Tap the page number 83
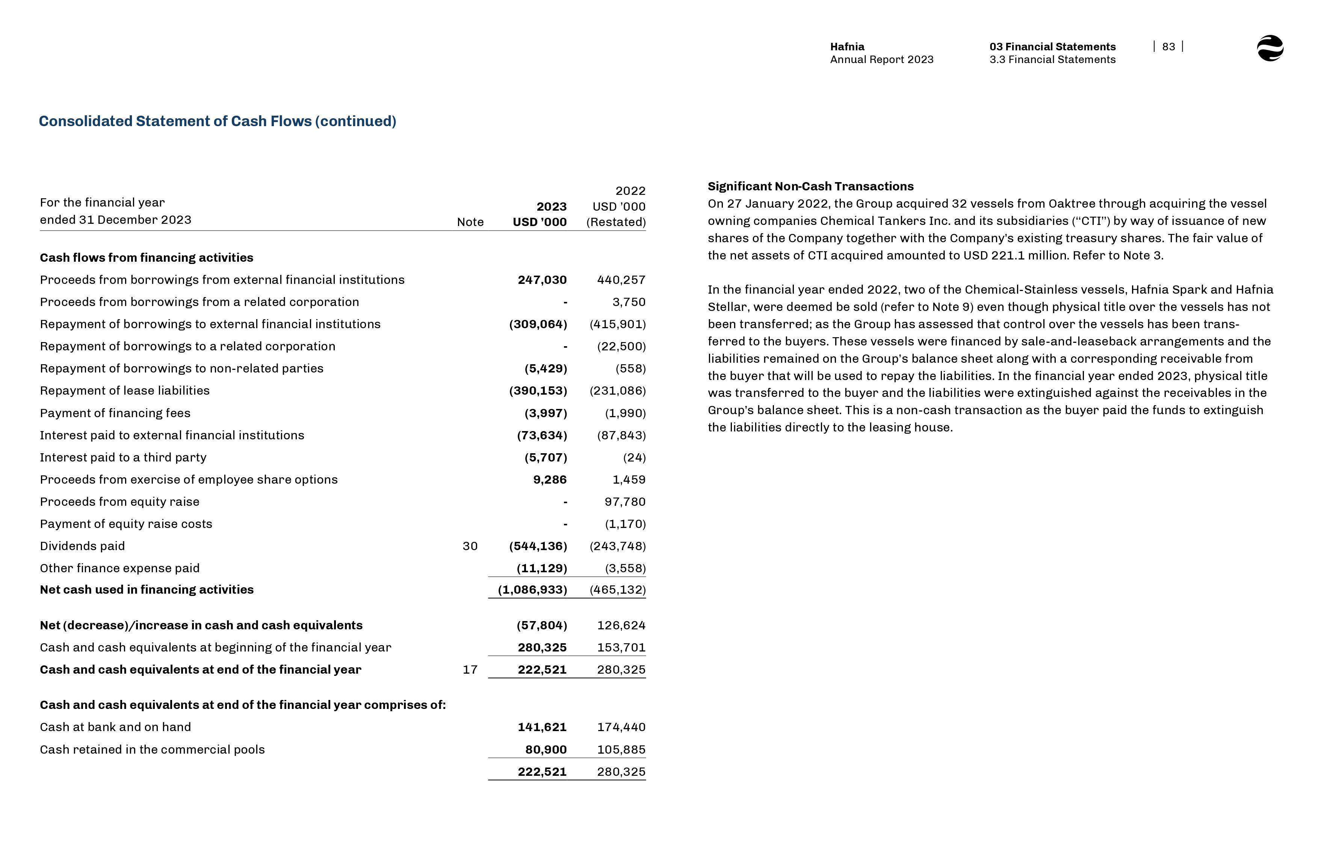click(1168, 47)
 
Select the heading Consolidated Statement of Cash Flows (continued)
click(218, 121)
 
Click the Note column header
click(470, 222)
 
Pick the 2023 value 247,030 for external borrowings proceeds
click(542, 280)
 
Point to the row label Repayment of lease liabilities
click(125, 390)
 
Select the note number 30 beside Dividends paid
click(470, 546)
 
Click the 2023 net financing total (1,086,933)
click(532, 590)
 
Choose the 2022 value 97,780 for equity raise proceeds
click(625, 501)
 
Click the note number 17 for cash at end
click(470, 670)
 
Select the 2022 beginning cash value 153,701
click(621, 647)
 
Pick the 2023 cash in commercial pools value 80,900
click(546, 750)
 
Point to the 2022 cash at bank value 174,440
click(621, 727)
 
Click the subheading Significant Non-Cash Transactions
click(810, 186)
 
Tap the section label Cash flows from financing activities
click(147, 257)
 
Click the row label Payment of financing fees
click(115, 413)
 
